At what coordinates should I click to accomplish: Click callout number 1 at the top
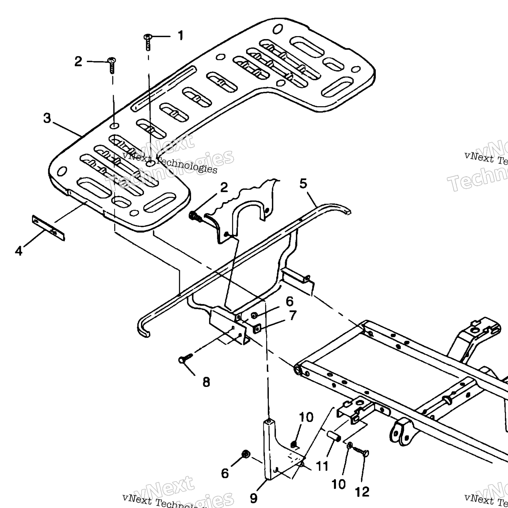pos(180,35)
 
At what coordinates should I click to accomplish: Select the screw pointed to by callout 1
pos(148,42)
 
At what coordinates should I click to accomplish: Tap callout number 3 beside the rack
pos(47,118)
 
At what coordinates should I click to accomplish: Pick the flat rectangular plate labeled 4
pos(48,228)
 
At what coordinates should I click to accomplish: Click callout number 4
pos(19,251)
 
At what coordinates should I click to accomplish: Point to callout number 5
pos(303,183)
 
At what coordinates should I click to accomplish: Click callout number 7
pos(293,316)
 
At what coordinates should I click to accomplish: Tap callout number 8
pos(206,382)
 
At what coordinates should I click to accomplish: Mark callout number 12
pos(362,492)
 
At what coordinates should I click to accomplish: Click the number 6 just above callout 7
pos(289,302)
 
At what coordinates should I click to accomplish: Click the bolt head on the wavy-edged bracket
pos(192,217)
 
